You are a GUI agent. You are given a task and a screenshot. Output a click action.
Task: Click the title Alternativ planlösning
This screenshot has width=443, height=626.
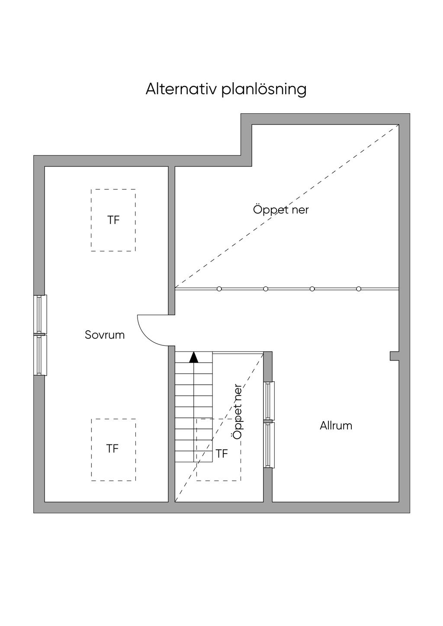(x=226, y=89)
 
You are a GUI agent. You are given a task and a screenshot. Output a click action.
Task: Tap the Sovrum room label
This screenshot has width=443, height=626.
(x=105, y=335)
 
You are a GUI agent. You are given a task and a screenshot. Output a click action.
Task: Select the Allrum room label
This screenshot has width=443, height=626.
(x=336, y=426)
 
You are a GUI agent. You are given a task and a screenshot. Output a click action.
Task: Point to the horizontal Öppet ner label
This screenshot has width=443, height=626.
(x=281, y=209)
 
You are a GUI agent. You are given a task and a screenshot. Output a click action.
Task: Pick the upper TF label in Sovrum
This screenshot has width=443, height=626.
(x=113, y=220)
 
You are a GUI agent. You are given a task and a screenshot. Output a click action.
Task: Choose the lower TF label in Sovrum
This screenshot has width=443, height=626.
(x=112, y=449)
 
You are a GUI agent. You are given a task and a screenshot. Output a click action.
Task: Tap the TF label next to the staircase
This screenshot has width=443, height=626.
(x=222, y=454)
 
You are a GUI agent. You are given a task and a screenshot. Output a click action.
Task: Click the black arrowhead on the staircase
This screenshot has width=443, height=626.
(x=193, y=358)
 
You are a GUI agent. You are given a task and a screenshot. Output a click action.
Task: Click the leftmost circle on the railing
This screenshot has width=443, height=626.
(x=219, y=289)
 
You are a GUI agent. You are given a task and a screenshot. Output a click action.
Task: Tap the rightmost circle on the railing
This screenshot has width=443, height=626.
(x=359, y=289)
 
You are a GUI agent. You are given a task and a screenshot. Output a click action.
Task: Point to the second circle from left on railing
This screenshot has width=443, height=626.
(x=266, y=289)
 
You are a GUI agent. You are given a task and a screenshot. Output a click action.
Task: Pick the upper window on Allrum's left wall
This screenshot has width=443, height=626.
(x=269, y=400)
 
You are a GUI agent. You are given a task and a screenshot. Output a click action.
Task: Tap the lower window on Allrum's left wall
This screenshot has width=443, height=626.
(x=269, y=444)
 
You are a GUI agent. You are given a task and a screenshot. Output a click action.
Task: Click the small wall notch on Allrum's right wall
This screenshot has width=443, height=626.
(x=395, y=356)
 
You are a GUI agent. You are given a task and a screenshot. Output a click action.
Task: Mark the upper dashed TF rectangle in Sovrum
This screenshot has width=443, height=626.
(x=113, y=220)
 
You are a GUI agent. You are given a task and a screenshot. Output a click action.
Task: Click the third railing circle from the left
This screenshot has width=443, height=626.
(x=312, y=289)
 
